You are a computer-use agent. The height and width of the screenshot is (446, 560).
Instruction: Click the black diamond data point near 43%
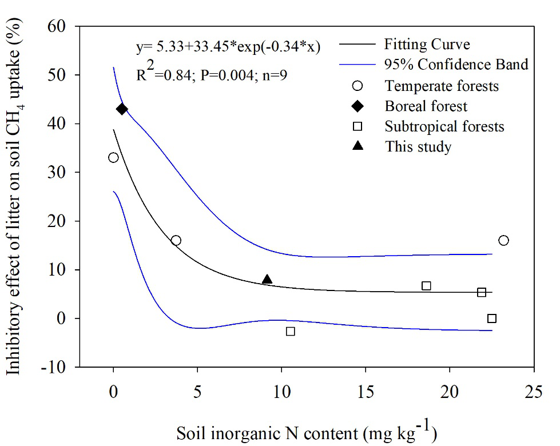tap(122, 109)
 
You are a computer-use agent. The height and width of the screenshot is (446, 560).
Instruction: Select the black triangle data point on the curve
tap(267, 279)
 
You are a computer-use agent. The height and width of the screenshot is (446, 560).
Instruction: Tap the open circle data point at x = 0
tap(113, 157)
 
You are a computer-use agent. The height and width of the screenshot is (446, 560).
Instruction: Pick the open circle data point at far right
tap(503, 240)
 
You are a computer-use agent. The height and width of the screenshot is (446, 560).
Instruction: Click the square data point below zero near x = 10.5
tap(291, 331)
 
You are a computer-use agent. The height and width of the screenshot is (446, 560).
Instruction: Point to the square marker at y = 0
tap(492, 318)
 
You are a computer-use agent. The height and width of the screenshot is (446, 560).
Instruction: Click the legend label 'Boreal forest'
tap(426, 106)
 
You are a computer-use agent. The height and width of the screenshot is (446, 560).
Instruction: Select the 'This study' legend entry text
tap(418, 147)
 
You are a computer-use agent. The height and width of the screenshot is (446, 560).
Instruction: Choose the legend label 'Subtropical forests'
tap(445, 126)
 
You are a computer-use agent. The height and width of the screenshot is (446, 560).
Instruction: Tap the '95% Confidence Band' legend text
tap(456, 65)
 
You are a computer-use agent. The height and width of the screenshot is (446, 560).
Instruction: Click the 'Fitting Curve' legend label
tap(427, 44)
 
